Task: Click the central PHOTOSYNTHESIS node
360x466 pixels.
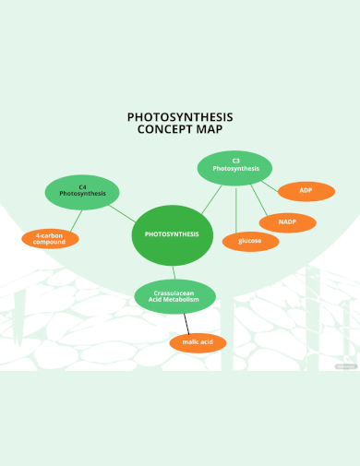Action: pos(172,234)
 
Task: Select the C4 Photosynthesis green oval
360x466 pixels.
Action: pos(82,192)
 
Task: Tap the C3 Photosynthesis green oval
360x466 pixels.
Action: pos(235,167)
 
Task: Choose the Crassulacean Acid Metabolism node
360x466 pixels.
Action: pos(176,296)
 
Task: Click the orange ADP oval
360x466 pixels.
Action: pos(306,191)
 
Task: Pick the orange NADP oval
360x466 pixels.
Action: pos(286,222)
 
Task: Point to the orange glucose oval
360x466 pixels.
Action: pos(249,241)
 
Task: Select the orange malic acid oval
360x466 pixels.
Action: pos(198,342)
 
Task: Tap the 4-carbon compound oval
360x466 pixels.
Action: pos(51,238)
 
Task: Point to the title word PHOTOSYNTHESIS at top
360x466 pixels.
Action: pos(179,117)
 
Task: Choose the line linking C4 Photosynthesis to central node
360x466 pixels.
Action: pos(124,213)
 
